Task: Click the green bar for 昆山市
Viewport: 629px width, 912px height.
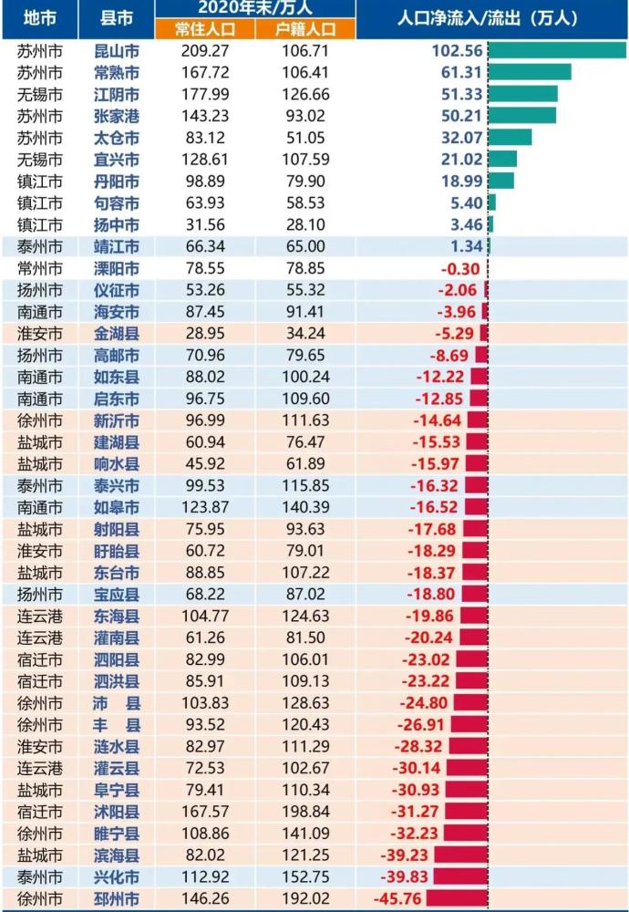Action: point(557,50)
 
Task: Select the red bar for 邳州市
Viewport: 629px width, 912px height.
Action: point(457,898)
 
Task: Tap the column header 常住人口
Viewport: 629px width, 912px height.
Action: point(204,29)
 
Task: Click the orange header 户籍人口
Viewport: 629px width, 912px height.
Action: point(305,29)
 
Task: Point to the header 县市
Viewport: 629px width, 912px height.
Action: point(117,18)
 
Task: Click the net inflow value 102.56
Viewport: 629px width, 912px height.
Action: point(457,50)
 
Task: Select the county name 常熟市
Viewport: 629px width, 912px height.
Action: point(117,73)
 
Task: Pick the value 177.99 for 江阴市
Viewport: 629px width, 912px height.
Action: point(204,94)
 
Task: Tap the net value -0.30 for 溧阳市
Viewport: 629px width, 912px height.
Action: point(459,269)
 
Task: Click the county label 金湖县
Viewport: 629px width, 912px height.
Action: point(117,334)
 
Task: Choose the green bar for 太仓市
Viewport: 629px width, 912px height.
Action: point(510,138)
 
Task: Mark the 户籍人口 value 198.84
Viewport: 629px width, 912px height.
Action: point(305,812)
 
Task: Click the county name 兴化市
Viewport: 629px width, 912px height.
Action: point(117,876)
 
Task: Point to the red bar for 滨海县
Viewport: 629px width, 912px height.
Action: point(461,855)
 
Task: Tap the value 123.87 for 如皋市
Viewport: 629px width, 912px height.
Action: point(204,507)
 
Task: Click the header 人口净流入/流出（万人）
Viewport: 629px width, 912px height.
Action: point(488,18)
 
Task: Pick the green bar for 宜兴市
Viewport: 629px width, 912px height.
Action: point(502,159)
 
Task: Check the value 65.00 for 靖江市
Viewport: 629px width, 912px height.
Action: point(305,246)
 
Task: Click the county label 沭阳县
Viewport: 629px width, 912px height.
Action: point(117,812)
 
